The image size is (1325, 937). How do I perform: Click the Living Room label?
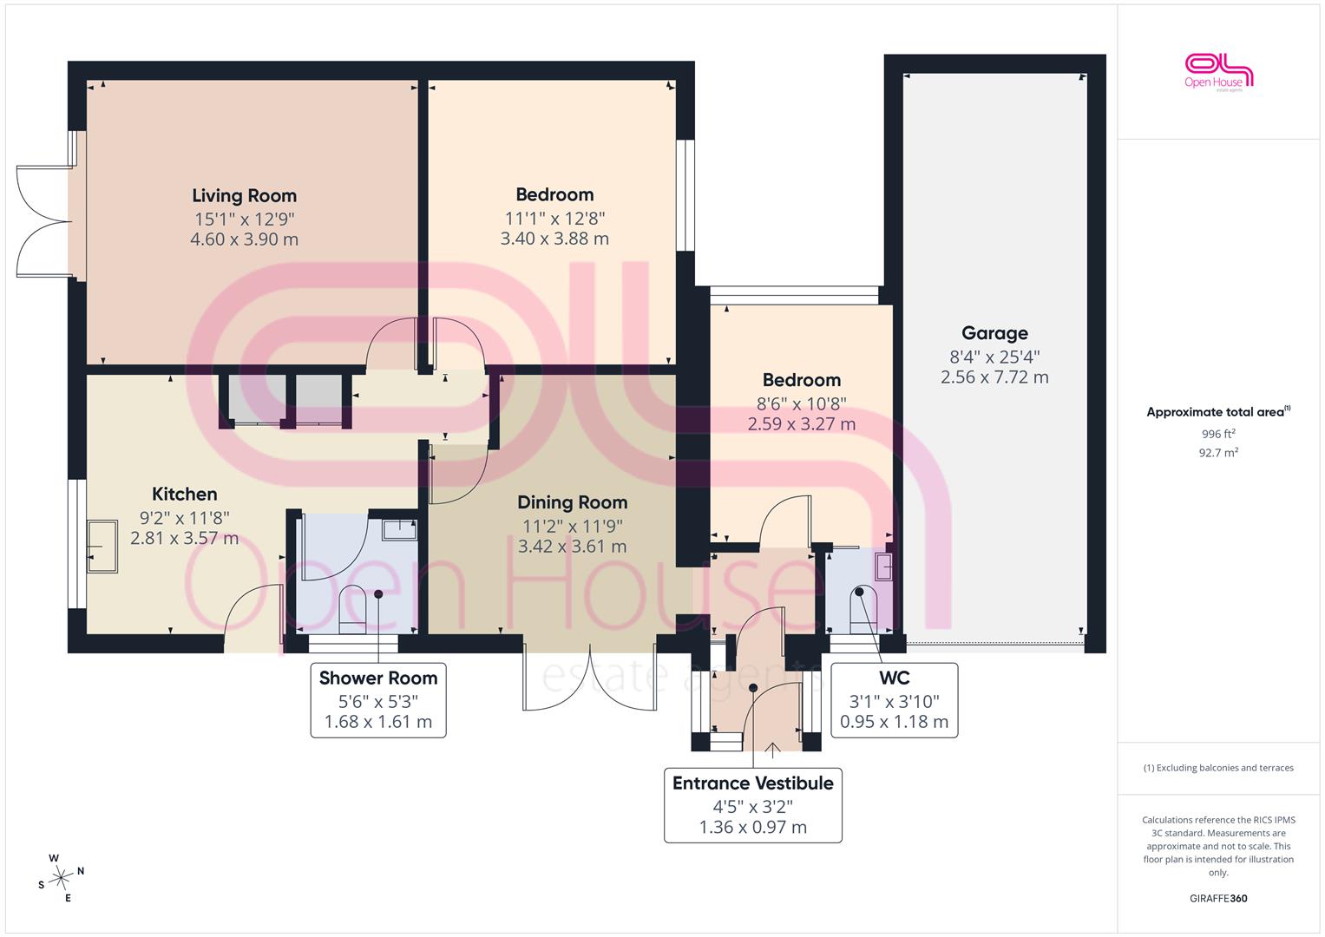[245, 196]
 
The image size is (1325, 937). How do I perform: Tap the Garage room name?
[994, 334]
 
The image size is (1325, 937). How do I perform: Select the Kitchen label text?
[185, 494]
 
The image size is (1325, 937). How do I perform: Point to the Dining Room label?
[572, 503]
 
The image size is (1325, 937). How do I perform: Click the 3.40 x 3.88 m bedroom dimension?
[554, 239]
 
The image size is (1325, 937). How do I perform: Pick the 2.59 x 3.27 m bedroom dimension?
[802, 424]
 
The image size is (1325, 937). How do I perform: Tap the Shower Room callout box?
[378, 700]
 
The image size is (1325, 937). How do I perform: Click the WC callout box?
[894, 700]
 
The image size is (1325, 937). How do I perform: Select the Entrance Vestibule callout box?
[753, 805]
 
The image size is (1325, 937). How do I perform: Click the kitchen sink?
[102, 547]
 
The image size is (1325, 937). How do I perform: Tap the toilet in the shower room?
[352, 609]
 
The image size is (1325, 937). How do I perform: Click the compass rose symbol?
[61, 878]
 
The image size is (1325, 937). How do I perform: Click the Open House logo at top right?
[1218, 73]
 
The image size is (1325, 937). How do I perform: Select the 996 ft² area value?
[1218, 434]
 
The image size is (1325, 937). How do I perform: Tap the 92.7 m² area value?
[1218, 453]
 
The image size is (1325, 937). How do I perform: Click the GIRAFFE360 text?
[1218, 898]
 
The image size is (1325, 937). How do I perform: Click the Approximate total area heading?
[1218, 412]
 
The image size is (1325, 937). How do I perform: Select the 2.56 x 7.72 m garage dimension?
[994, 377]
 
